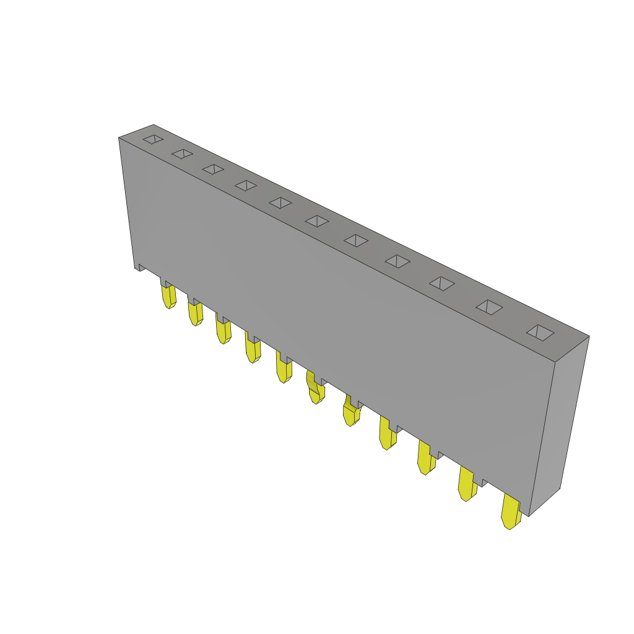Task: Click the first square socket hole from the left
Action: tap(153, 139)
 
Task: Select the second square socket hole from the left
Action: tap(182, 154)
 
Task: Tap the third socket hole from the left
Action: tap(213, 169)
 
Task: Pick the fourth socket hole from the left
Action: tap(246, 186)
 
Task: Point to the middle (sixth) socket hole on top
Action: tap(317, 221)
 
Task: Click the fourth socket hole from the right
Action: tap(397, 261)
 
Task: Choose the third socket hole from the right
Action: tap(442, 284)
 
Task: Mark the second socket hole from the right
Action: tap(490, 307)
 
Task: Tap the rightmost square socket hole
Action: tap(541, 332)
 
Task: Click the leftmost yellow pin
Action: tap(168, 296)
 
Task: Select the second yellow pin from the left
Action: tap(195, 313)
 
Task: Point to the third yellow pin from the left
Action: tap(223, 331)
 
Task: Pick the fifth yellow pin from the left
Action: tap(284, 370)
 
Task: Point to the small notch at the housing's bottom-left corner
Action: tap(141, 267)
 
